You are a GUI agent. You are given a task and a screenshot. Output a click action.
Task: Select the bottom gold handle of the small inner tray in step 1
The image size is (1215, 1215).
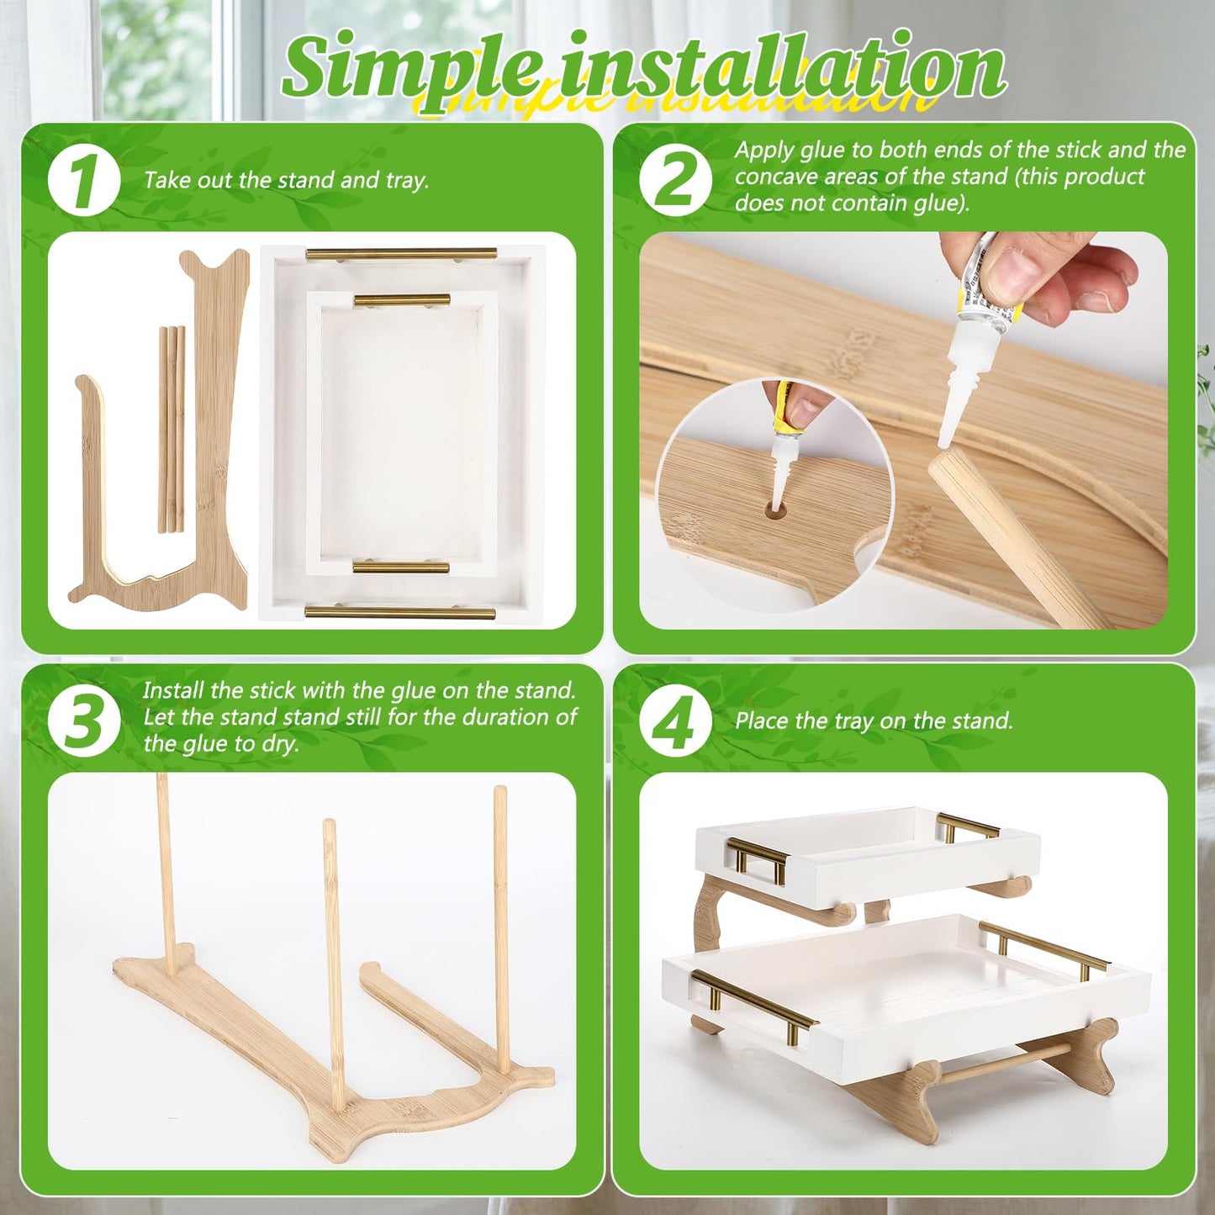[400, 568]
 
